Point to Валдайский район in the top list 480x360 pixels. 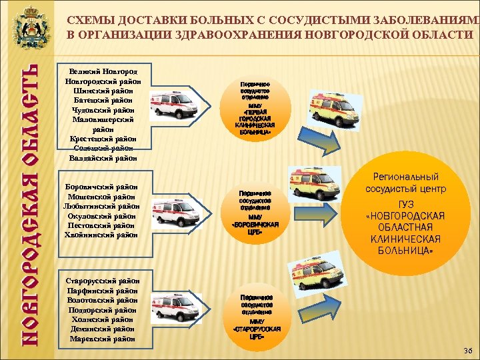(103, 159)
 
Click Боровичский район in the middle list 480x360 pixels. (103, 187)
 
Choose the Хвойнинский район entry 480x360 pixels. (103, 235)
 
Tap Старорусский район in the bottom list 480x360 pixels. (103, 281)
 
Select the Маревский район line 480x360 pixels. (103, 339)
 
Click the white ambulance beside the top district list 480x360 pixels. (171, 107)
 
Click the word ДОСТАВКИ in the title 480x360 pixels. (139, 21)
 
